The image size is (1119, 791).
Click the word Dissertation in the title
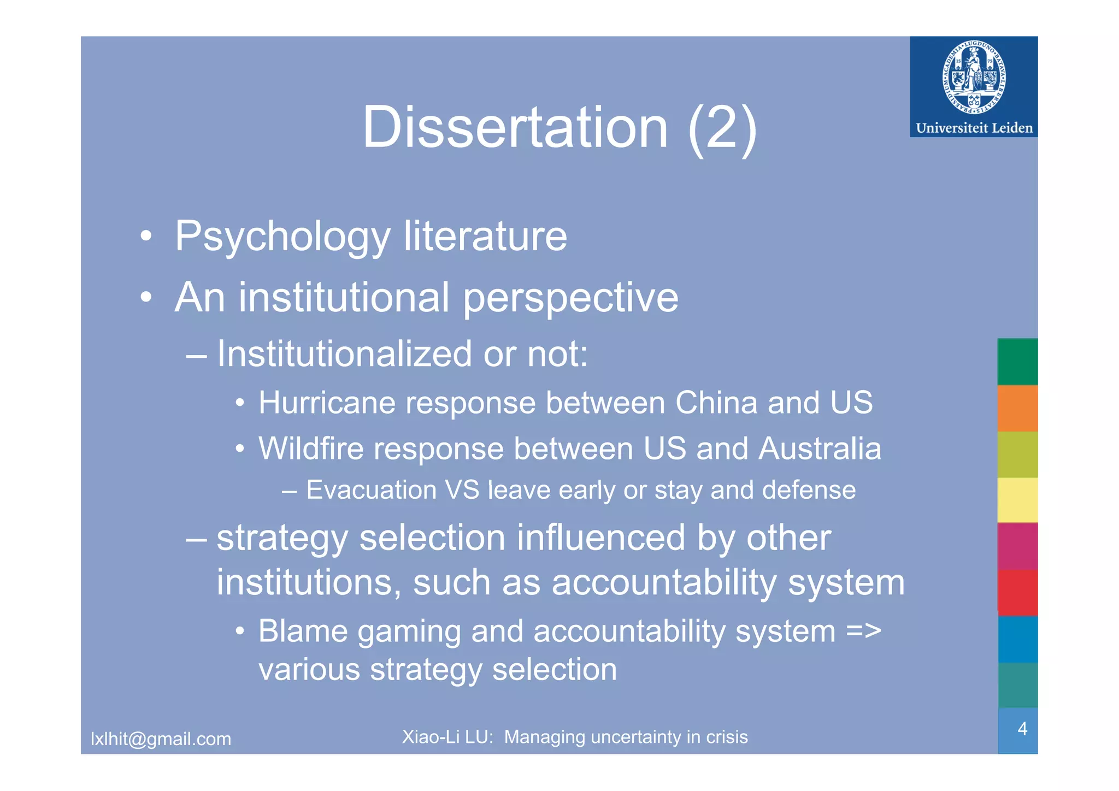coord(515,127)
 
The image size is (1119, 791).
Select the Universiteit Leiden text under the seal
coord(974,128)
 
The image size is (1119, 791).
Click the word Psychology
coord(282,237)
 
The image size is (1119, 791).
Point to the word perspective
coord(570,298)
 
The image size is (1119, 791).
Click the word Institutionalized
coord(344,354)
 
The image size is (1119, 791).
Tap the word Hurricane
coord(327,403)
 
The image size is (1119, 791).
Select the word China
coord(716,403)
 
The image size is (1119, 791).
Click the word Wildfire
coord(311,448)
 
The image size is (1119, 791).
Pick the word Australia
coord(820,448)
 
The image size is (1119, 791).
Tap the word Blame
coord(303,631)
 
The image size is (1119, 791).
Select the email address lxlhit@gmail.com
coord(161,739)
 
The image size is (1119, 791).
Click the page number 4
coord(1022,729)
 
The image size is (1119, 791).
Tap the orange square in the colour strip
coord(1017,408)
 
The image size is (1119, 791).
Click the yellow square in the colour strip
coord(1017,500)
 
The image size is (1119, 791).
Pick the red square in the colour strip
coord(1017,593)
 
